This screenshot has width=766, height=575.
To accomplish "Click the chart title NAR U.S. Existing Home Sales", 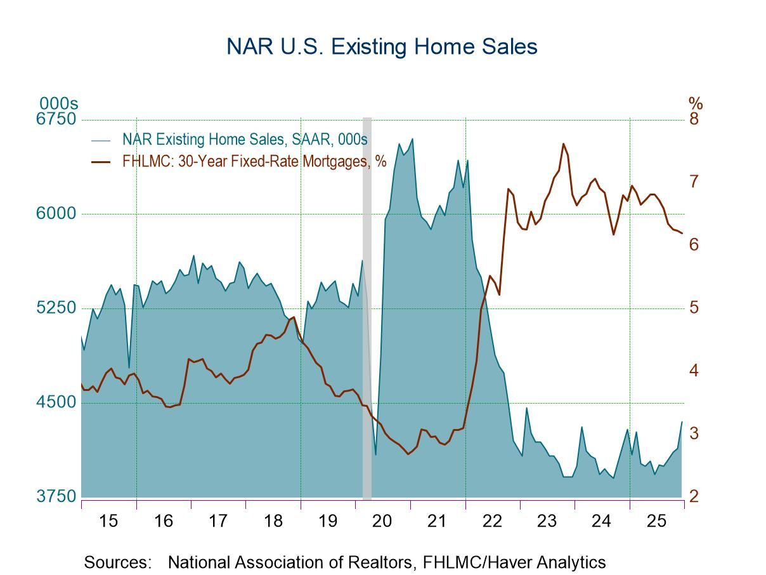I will [382, 47].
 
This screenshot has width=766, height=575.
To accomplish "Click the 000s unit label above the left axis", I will [58, 103].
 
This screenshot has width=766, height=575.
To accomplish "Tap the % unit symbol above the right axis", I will [696, 103].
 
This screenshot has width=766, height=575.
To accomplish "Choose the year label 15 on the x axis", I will [108, 521].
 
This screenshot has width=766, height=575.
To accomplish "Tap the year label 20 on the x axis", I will [382, 521].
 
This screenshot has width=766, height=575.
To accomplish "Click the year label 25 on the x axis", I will [656, 521].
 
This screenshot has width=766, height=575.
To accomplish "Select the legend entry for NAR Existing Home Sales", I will [245, 139].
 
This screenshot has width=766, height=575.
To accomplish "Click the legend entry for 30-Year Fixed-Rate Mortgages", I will [254, 161].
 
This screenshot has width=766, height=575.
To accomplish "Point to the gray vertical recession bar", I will [367, 305].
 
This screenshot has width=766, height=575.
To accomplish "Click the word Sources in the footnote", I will [118, 562].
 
